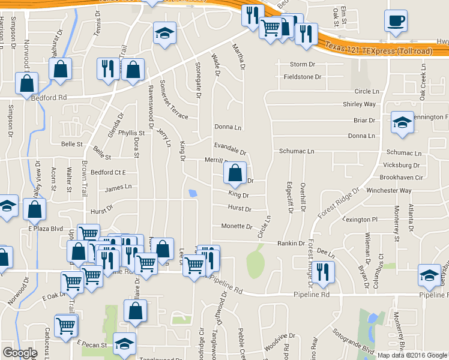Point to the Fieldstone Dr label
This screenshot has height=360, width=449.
pyautogui.click(x=303, y=77)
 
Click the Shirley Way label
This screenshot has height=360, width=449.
pyautogui.click(x=359, y=104)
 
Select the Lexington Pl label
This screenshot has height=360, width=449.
pyautogui.click(x=359, y=220)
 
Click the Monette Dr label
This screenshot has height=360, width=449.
pyautogui.click(x=237, y=227)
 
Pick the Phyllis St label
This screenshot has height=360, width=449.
pyautogui.click(x=131, y=133)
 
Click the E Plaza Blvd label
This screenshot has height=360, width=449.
pyautogui.click(x=46, y=229)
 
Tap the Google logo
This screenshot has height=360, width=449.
pyautogui.click(x=20, y=353)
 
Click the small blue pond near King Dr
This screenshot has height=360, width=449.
pyautogui.click(x=192, y=193)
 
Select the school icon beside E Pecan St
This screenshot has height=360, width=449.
pyautogui.click(x=124, y=344)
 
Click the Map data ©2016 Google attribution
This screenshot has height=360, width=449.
pyautogui.click(x=412, y=355)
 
